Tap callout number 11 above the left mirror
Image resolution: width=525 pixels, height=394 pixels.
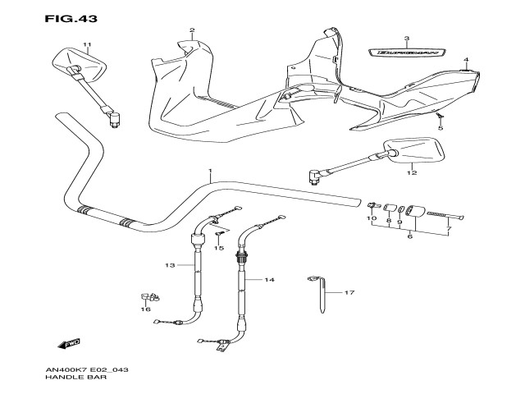(87, 44)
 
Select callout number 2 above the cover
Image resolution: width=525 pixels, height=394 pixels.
(192, 31)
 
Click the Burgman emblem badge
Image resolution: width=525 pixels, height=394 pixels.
(407, 53)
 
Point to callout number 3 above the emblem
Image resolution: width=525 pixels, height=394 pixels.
(406, 39)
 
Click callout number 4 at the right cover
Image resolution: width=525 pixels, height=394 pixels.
(465, 60)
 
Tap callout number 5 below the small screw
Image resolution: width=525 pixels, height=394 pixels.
(440, 128)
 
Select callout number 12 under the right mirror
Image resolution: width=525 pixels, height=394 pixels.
(413, 172)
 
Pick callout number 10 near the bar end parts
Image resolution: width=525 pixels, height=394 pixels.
(371, 219)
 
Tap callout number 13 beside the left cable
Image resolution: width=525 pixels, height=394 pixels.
(170, 265)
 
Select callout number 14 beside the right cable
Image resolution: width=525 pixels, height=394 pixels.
(269, 280)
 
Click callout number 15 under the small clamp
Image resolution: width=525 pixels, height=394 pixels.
(219, 247)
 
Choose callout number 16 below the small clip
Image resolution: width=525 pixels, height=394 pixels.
(146, 309)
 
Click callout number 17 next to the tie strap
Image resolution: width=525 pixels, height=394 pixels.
(349, 292)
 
